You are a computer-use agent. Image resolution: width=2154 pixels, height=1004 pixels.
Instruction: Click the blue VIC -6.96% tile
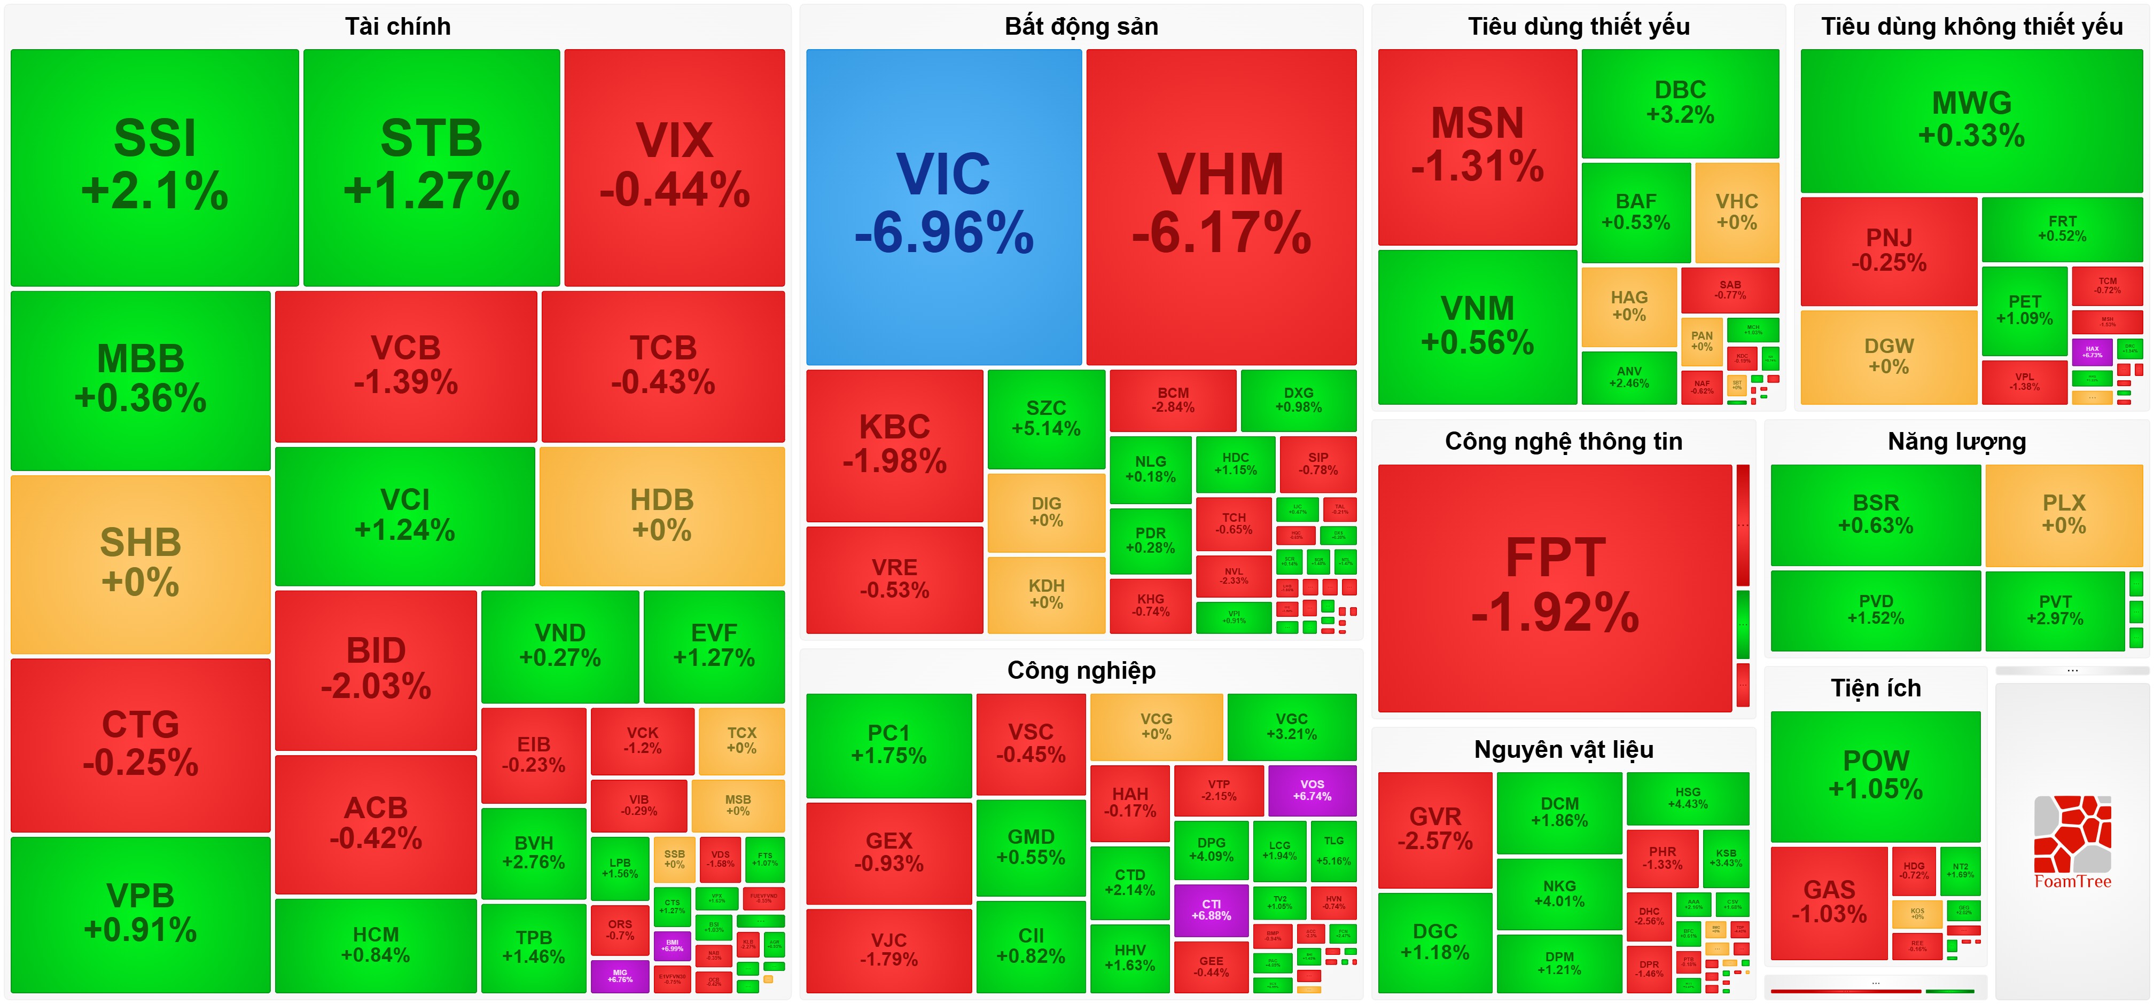(943, 206)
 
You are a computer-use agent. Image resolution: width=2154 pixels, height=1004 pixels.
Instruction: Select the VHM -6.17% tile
(1221, 206)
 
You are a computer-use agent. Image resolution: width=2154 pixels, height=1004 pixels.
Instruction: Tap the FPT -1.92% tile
(1555, 587)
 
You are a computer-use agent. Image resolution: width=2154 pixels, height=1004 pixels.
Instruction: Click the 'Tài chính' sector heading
(398, 27)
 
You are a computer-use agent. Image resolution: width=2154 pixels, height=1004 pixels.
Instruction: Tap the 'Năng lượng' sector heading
(1957, 442)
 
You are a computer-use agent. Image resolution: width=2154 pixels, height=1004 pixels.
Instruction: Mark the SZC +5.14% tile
(1046, 418)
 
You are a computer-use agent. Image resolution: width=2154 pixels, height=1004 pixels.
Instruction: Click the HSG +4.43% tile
(1688, 797)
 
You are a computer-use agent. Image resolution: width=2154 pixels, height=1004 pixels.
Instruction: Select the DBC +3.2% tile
(1680, 102)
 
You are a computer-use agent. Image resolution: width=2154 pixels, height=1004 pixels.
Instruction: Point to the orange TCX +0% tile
(741, 740)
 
